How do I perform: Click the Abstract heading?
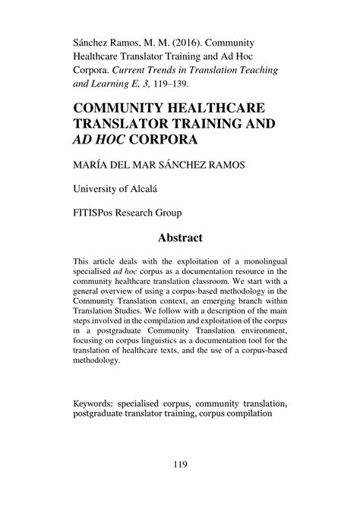(180, 238)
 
